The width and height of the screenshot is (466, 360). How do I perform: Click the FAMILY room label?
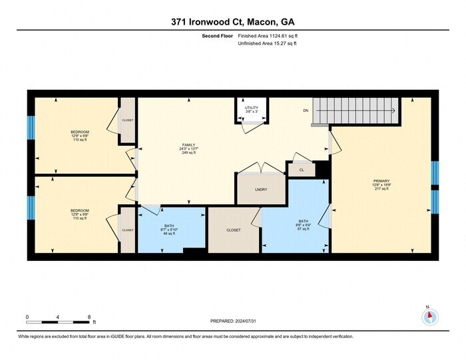189,148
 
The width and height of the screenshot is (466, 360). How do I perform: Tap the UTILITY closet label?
251,110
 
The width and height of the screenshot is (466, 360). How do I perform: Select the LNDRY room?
260,190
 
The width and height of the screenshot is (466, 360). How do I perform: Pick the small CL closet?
302,170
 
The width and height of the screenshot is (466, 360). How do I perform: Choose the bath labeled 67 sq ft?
303,225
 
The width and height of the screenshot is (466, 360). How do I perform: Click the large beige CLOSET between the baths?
233,230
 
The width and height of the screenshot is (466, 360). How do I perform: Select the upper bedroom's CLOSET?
127,120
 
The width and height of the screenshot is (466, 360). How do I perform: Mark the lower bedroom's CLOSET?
127,230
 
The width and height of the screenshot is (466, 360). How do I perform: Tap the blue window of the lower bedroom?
30,207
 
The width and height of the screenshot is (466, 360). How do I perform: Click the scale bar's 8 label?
89,317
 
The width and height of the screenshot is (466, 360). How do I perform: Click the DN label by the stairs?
306,110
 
